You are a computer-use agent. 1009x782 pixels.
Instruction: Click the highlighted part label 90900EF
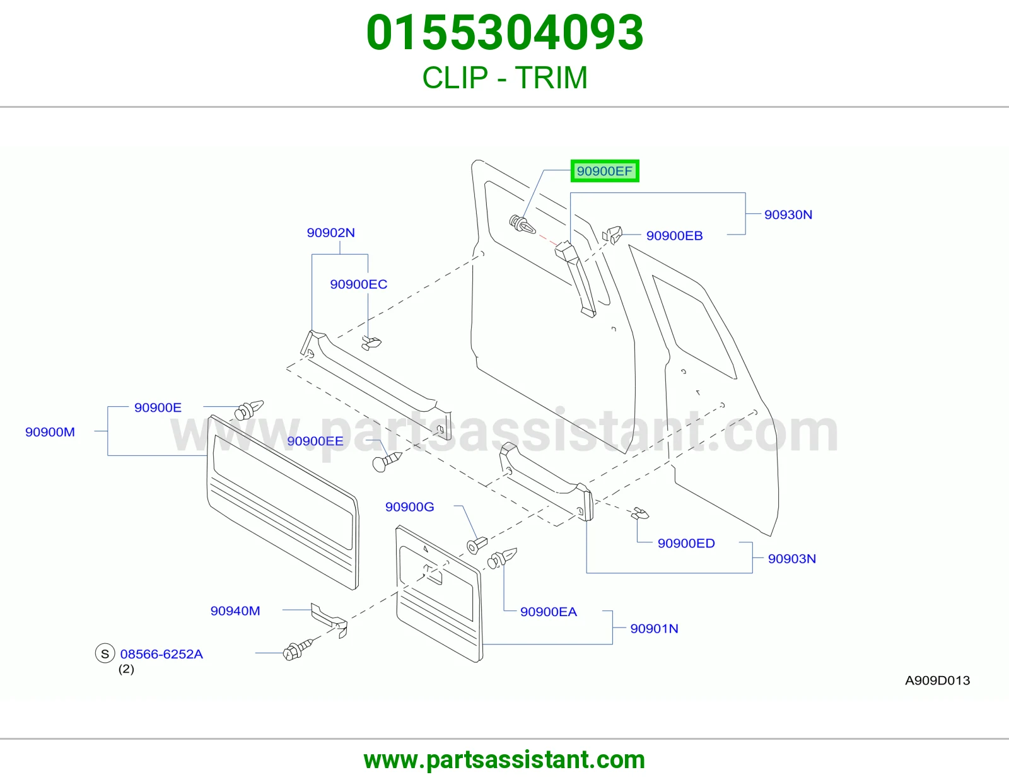pos(605,171)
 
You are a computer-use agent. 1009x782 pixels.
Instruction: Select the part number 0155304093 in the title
pos(504,33)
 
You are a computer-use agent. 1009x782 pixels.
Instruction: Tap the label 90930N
pos(788,214)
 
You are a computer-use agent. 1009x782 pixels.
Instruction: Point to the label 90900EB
pos(674,235)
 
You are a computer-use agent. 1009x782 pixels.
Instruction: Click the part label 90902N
pos(330,233)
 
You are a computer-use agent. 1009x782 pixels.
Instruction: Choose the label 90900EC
pos(358,284)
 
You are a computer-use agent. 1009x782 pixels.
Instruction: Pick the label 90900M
pos(50,432)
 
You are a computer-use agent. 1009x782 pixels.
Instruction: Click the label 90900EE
pos(315,441)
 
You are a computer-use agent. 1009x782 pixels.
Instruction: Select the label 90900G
pos(409,506)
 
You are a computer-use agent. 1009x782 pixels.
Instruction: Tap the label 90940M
pos(235,610)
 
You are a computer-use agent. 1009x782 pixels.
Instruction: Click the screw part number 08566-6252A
pos(161,654)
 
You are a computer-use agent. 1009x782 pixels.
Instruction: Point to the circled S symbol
pos(105,653)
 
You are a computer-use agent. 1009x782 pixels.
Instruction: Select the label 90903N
pos(791,559)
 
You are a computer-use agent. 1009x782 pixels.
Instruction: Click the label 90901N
pos(654,628)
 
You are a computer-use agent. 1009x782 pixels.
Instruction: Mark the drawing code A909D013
pos(938,680)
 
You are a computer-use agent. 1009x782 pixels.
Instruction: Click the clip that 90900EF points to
pos(522,225)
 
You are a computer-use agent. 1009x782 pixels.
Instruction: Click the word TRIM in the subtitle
pos(551,78)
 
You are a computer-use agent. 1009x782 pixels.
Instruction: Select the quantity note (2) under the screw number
pos(126,669)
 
